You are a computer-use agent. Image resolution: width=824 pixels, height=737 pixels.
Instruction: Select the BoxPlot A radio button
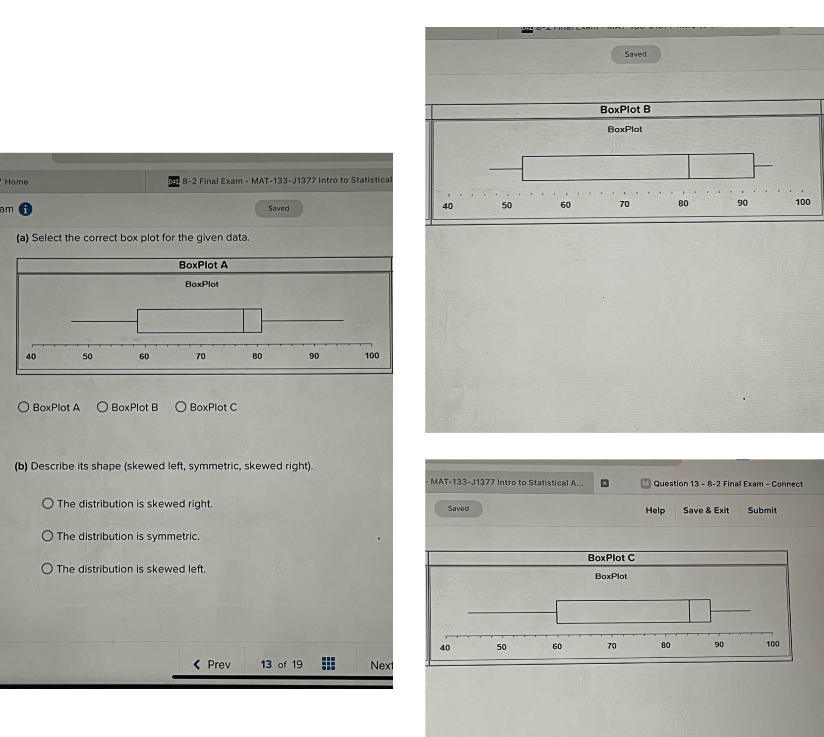pyautogui.click(x=23, y=407)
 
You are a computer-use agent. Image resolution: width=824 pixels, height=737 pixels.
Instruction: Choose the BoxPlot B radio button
pyautogui.click(x=103, y=407)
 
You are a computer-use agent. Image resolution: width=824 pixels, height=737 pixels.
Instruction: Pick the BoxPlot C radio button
pyautogui.click(x=181, y=407)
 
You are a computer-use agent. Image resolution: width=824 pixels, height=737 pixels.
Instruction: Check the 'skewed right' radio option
pyautogui.click(x=48, y=504)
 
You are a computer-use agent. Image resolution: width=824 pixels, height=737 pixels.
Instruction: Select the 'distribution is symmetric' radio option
pyautogui.click(x=48, y=536)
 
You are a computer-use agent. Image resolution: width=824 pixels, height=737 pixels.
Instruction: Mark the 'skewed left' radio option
pyautogui.click(x=47, y=568)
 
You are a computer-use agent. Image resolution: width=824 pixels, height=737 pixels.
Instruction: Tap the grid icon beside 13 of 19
pyautogui.click(x=328, y=664)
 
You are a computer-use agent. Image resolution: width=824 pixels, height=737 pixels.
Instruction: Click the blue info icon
pyautogui.click(x=25, y=209)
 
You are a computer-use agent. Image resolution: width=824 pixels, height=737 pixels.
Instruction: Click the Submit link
pyautogui.click(x=762, y=510)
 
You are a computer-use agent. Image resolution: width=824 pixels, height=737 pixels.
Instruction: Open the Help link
pyautogui.click(x=655, y=510)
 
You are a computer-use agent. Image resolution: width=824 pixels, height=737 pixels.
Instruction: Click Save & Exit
pyautogui.click(x=706, y=510)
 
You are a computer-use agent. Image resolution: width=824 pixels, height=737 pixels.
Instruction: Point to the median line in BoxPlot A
pyautogui.click(x=243, y=321)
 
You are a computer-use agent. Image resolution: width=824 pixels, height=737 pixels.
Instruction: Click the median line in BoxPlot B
pyautogui.click(x=689, y=167)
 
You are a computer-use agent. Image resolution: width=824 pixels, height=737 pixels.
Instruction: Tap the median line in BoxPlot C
pyautogui.click(x=689, y=611)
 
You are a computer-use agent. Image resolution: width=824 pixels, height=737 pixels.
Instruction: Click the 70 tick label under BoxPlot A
pyautogui.click(x=200, y=356)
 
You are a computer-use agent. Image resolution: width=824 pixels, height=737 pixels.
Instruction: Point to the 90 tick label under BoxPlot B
pyautogui.click(x=742, y=203)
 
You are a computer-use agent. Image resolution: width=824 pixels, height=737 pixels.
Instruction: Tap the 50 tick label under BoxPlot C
pyautogui.click(x=502, y=647)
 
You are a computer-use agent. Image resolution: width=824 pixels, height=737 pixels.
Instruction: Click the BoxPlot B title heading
pyautogui.click(x=625, y=110)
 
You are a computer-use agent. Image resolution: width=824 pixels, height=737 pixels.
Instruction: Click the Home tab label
pyautogui.click(x=16, y=182)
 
